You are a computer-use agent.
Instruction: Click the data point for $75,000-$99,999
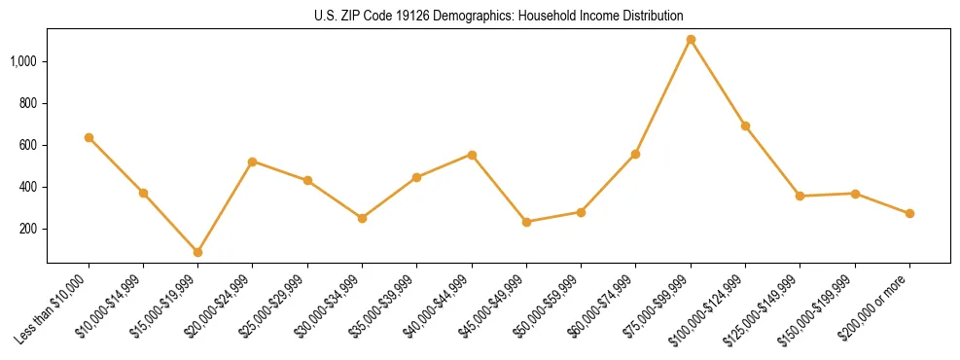tap(691, 40)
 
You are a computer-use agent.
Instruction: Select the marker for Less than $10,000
tap(89, 138)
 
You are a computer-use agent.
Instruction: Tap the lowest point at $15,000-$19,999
tap(197, 252)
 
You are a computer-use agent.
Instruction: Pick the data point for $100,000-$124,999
tap(745, 126)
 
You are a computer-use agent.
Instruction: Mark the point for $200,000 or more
tap(909, 213)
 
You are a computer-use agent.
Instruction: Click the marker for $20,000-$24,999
tap(253, 162)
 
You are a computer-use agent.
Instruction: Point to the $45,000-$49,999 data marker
tap(526, 222)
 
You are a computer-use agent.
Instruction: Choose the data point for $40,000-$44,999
tap(472, 155)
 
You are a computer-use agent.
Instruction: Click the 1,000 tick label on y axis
tap(24, 61)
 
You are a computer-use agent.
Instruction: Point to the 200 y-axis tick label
tap(28, 229)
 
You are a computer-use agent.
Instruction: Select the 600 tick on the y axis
tap(28, 145)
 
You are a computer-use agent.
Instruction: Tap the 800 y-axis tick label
tap(28, 103)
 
